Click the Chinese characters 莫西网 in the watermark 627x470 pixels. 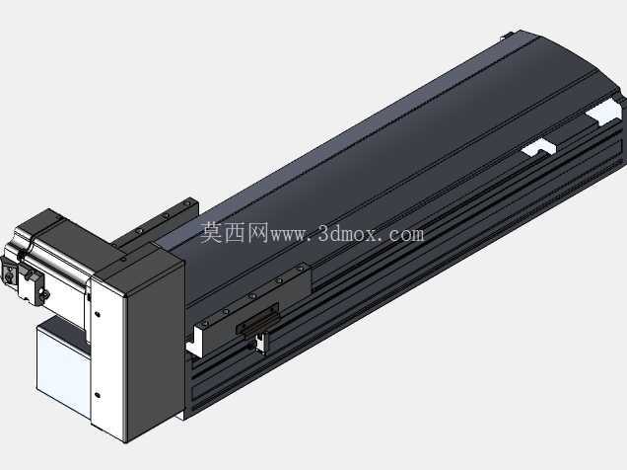point(234,233)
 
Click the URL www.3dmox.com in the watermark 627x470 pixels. point(347,234)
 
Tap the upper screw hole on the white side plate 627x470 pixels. point(98,314)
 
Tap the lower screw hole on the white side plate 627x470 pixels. point(98,395)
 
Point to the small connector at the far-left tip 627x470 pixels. point(9,274)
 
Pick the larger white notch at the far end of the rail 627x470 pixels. point(603,114)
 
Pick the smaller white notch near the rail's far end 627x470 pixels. point(538,148)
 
